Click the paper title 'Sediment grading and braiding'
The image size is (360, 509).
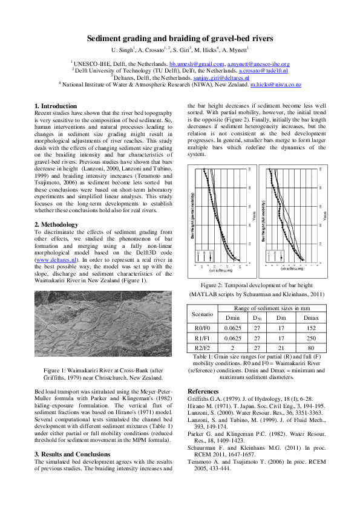180,37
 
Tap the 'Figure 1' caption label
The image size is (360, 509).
56,369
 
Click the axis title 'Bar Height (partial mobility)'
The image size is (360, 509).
192,218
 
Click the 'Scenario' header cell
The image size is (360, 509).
203,314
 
